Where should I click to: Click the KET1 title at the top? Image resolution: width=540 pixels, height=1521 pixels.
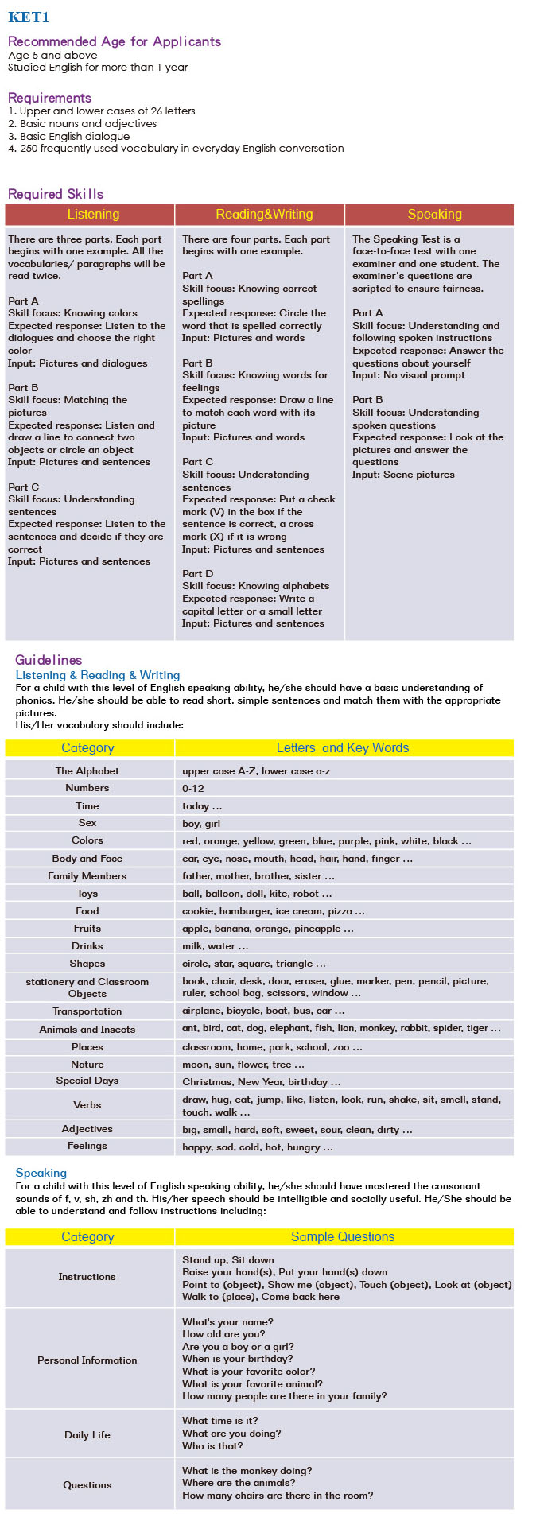(29, 17)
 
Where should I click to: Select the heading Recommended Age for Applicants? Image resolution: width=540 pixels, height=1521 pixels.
(115, 41)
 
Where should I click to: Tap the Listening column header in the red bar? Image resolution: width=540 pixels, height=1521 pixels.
(93, 215)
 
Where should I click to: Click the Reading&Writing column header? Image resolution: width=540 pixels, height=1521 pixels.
(264, 215)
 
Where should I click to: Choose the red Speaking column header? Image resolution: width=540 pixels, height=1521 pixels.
(434, 215)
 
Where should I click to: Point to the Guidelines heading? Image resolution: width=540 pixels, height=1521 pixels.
(49, 660)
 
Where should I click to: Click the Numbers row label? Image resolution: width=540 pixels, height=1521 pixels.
(87, 788)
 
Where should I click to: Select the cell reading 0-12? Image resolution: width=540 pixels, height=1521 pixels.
(193, 789)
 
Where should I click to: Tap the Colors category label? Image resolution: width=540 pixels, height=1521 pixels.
(87, 840)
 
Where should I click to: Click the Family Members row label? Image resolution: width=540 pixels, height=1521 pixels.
(87, 876)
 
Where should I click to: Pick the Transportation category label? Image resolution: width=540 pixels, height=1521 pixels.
(87, 1011)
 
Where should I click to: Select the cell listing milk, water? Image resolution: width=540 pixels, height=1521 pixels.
(215, 946)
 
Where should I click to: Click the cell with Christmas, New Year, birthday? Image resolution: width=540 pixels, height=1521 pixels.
(261, 1082)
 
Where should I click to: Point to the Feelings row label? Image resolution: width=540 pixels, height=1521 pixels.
(87, 1146)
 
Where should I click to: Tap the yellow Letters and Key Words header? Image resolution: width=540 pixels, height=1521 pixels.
(343, 748)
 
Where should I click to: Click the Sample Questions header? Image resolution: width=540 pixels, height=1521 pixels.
(343, 1237)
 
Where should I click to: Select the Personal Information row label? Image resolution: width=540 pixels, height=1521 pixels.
(87, 1360)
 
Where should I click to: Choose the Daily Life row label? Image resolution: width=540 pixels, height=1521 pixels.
(87, 1435)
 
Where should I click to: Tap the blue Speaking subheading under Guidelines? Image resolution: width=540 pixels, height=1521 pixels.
(41, 1173)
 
